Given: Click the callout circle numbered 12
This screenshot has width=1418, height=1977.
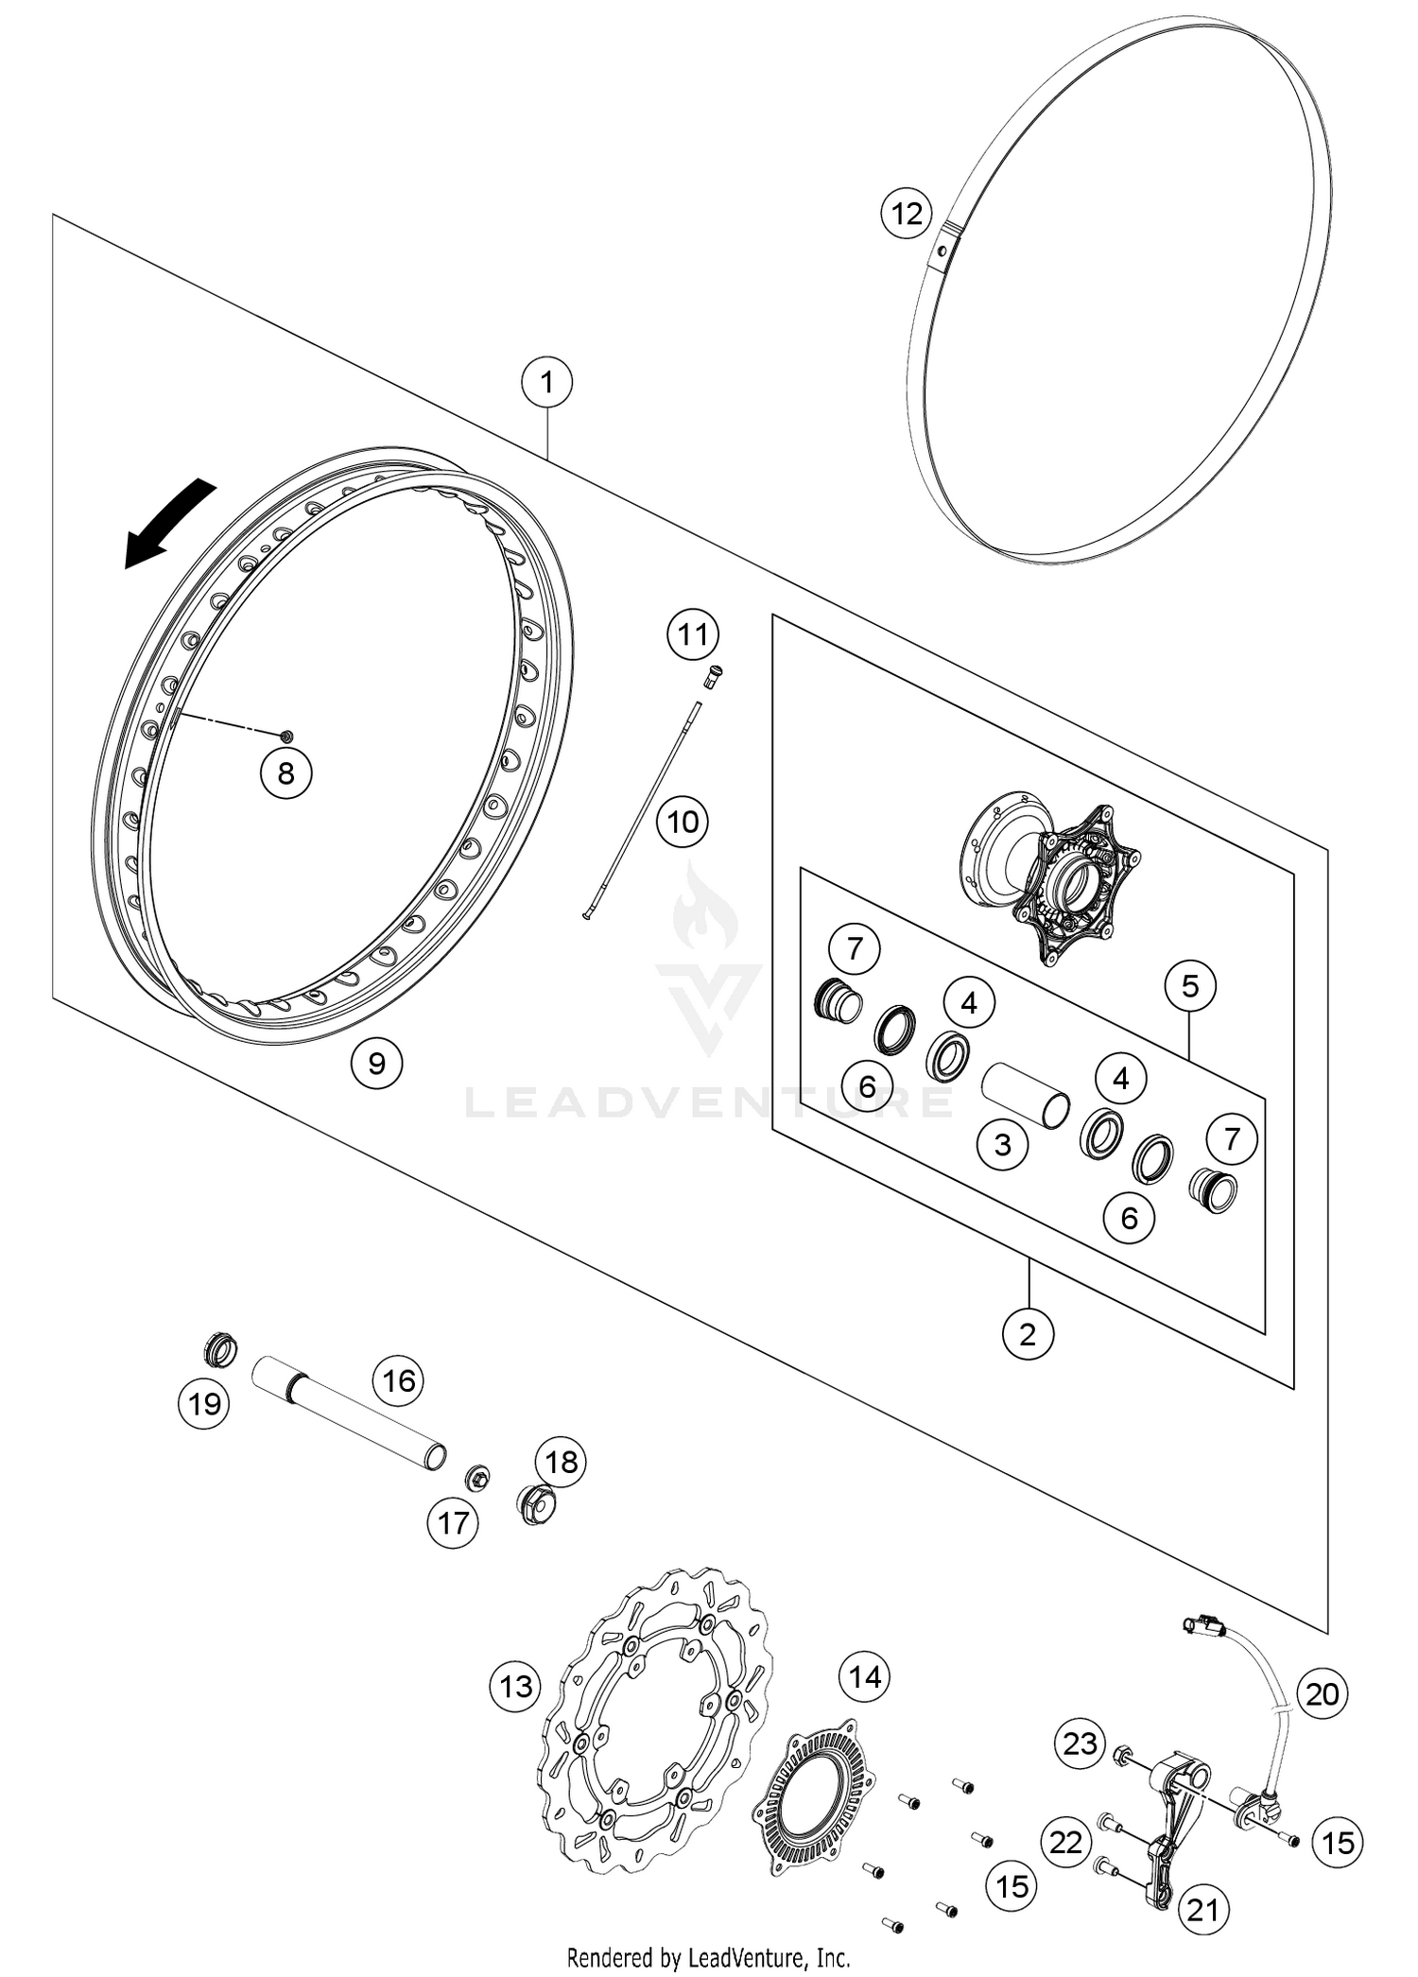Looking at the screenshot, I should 907,214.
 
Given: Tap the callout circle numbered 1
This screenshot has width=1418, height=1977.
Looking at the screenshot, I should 546,383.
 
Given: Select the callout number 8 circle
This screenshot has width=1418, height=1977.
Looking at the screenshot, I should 285,773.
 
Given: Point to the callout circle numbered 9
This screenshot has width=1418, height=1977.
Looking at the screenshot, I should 376,1064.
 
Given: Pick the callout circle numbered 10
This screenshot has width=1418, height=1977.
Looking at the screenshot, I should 683,821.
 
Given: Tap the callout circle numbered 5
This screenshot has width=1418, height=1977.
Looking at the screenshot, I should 1190,987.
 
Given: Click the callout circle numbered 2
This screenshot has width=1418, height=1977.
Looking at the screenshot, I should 1028,1334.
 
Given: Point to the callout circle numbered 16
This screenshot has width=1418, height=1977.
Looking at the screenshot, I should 399,1381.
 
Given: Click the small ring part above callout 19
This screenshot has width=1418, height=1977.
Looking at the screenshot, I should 222,1352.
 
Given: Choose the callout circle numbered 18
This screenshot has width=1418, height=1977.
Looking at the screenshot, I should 561,1462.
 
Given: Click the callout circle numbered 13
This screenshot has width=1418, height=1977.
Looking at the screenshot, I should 516,1686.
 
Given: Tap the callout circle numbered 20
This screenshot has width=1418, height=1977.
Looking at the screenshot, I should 1322,1693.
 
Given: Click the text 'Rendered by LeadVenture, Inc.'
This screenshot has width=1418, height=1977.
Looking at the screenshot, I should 708,1956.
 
